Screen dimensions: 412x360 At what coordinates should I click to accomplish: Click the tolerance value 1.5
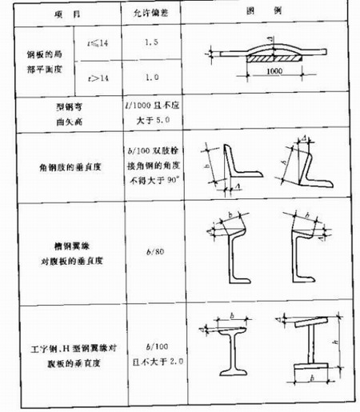coord(149,49)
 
